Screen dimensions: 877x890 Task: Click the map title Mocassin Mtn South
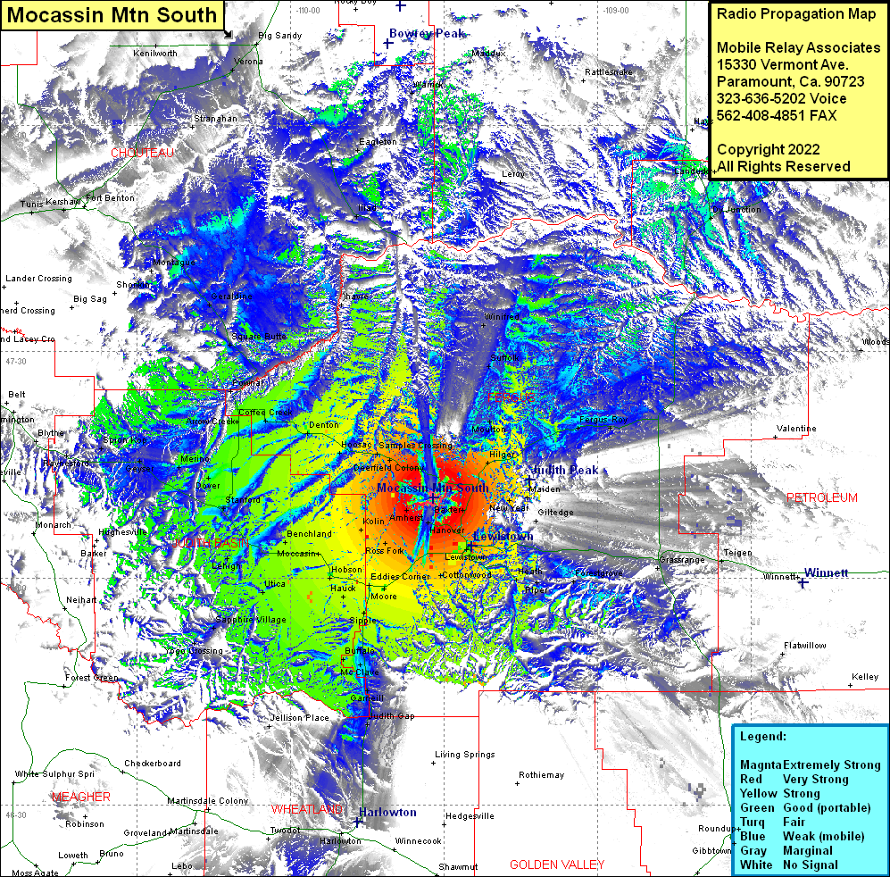(x=115, y=15)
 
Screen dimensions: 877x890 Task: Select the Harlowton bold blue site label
(x=387, y=813)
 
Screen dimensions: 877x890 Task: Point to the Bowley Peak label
(x=427, y=34)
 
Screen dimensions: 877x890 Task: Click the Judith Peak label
(x=565, y=471)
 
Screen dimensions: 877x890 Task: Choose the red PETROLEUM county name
(x=821, y=497)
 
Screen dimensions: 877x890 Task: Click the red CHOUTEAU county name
(x=142, y=153)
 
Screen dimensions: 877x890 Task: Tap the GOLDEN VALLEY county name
(x=557, y=864)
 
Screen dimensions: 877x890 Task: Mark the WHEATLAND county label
(x=306, y=809)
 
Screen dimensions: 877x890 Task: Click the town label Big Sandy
(x=279, y=36)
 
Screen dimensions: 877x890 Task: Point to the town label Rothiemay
(x=541, y=774)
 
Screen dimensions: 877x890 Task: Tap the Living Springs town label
(x=464, y=755)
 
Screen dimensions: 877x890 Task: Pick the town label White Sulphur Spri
(x=54, y=773)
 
